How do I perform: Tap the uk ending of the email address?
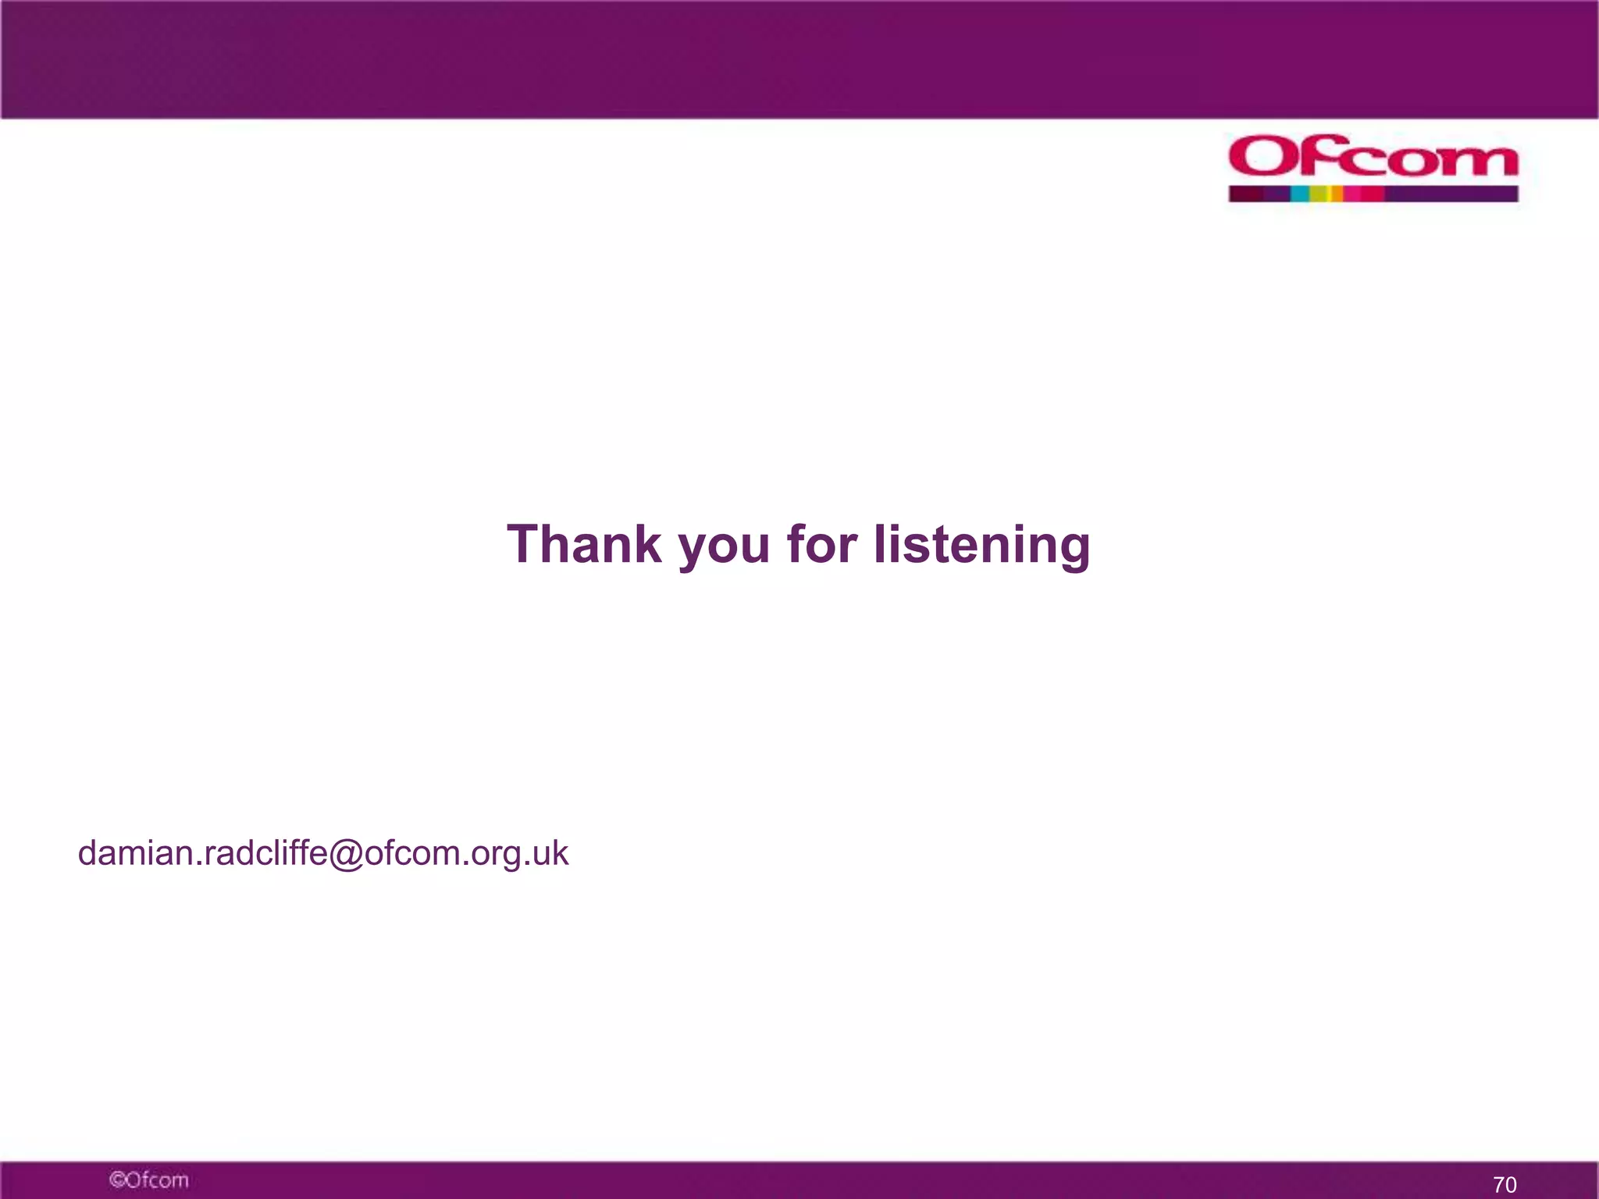point(550,853)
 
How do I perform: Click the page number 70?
point(1505,1184)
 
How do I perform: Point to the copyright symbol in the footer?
point(117,1179)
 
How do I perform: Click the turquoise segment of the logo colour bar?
point(1299,194)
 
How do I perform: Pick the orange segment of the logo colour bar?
point(1337,194)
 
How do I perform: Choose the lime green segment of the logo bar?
point(1318,194)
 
